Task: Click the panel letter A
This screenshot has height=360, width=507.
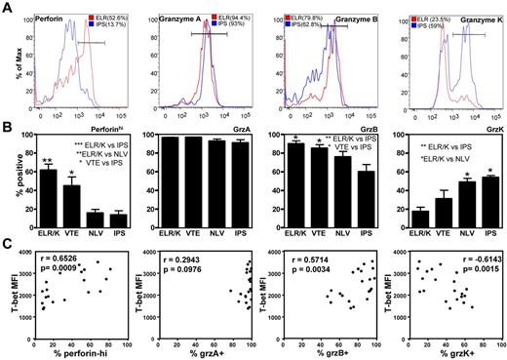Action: click(x=7, y=7)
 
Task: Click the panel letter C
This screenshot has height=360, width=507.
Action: click(x=7, y=247)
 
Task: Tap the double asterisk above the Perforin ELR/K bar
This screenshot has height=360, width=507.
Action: click(x=48, y=157)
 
